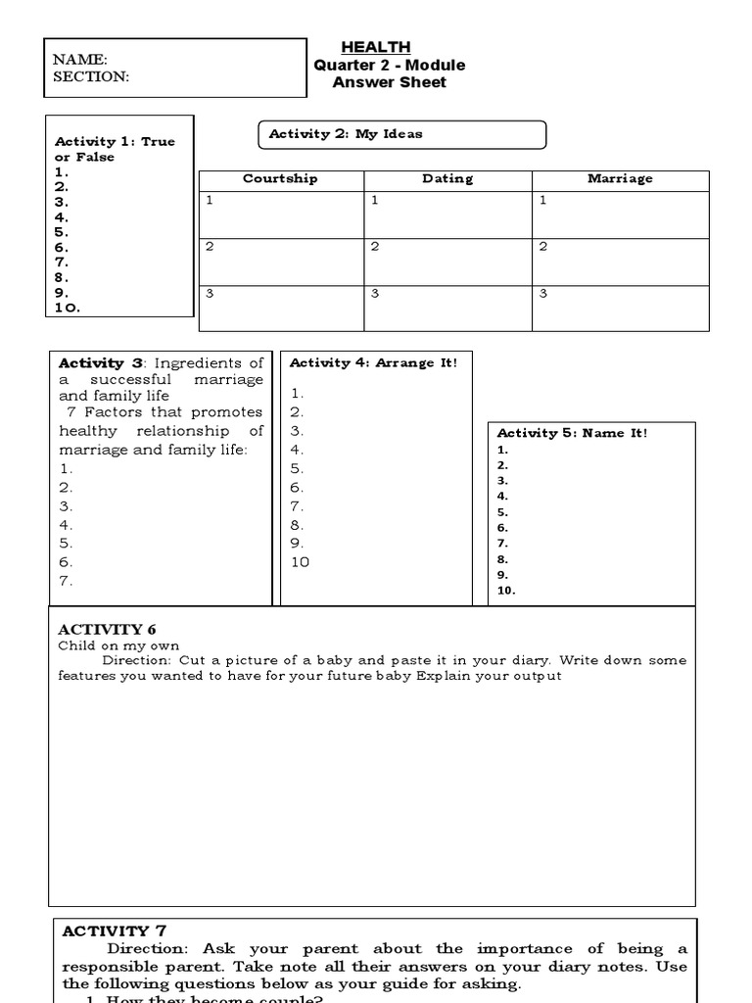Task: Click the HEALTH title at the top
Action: (x=375, y=47)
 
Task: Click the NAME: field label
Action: (x=80, y=60)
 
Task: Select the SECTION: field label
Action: (x=91, y=76)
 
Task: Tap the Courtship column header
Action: (x=280, y=179)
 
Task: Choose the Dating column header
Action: (x=447, y=179)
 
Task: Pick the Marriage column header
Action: (x=620, y=179)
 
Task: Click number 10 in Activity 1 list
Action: (x=68, y=308)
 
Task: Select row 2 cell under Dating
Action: (x=447, y=262)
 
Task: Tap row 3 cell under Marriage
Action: (x=620, y=308)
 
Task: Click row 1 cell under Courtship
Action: (x=281, y=215)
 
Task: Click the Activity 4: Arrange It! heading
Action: (x=373, y=362)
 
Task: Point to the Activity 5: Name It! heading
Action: (x=572, y=433)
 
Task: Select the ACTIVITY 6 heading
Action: (x=107, y=629)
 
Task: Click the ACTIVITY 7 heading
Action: (x=107, y=931)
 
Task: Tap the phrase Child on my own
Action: (x=105, y=646)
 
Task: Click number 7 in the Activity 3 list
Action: (x=66, y=581)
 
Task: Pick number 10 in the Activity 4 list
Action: (x=300, y=562)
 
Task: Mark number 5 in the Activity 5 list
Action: (x=502, y=511)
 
